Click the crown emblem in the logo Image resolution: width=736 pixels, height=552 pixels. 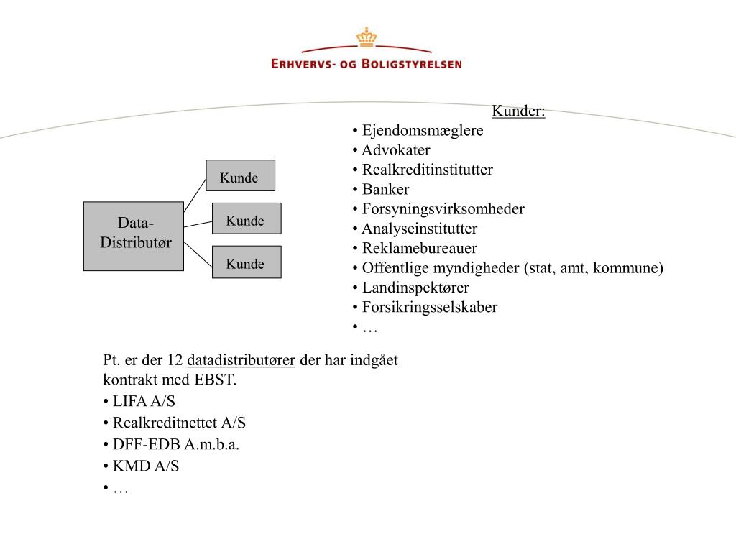[x=367, y=37]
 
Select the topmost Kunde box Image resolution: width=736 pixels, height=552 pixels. [x=240, y=175]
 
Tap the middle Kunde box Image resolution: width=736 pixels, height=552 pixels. [x=246, y=218]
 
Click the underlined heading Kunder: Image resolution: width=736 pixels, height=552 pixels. [x=518, y=111]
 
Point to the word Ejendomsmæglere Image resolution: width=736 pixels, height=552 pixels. [x=423, y=131]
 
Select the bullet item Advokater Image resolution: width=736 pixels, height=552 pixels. [x=396, y=150]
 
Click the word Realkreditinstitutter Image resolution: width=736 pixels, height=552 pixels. [x=428, y=170]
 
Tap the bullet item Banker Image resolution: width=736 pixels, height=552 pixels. [x=386, y=190]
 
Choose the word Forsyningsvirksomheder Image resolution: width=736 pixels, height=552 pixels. [x=443, y=209]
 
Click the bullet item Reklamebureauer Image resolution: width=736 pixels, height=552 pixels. [x=420, y=249]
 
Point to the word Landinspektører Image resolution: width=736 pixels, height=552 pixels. [x=415, y=287]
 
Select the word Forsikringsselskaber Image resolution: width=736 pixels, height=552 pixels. [x=430, y=308]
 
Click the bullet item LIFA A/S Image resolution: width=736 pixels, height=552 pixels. [x=144, y=402]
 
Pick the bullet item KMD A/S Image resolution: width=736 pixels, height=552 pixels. [x=146, y=466]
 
